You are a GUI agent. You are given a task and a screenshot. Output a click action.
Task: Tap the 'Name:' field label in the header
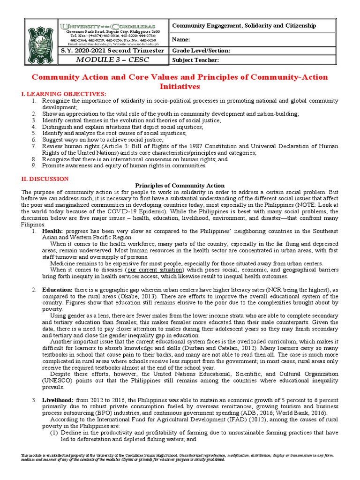tap(182, 40)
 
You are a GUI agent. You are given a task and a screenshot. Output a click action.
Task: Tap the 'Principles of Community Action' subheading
tap(180, 186)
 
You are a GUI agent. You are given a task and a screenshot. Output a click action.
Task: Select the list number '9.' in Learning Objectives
tap(34, 165)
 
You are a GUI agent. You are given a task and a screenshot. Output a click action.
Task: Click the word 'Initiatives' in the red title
tap(180, 87)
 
